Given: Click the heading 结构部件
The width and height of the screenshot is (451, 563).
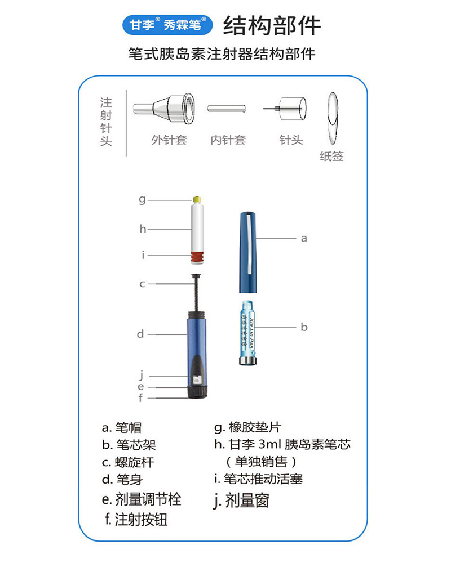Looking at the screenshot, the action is point(272,25).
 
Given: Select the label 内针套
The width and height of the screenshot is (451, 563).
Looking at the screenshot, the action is point(228,140).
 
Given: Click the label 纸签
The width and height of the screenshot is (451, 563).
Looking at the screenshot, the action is point(331,156).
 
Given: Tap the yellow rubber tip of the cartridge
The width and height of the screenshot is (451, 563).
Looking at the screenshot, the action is point(198,199).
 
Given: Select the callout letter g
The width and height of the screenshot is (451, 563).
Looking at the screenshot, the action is point(143,199).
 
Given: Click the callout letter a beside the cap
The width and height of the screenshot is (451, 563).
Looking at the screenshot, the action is point(304,238).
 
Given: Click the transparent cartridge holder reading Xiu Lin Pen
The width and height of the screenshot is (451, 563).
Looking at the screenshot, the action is point(247,332).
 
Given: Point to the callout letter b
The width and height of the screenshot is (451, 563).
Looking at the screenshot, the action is point(304,327).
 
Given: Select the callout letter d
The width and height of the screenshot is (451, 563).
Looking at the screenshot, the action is point(140,334).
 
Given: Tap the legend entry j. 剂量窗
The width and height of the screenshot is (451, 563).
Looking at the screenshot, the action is point(241,500).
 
